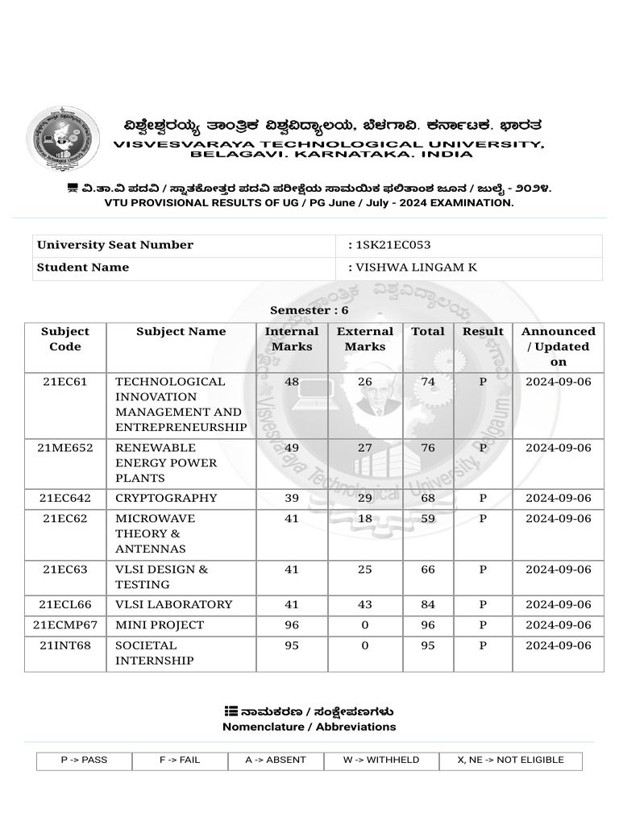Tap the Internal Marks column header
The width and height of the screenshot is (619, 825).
[x=292, y=339]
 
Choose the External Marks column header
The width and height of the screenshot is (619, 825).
[x=365, y=339]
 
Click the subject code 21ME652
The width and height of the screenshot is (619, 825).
[x=65, y=448]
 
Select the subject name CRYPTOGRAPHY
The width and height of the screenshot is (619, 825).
[x=166, y=498]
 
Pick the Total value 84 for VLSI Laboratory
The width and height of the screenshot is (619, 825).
[x=428, y=604]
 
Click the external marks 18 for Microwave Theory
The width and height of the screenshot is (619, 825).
[x=365, y=519]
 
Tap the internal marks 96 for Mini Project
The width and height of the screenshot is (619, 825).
[x=292, y=625]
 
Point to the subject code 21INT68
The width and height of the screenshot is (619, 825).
[x=65, y=645]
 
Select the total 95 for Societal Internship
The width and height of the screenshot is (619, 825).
[x=428, y=645]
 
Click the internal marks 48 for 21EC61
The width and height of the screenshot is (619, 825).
[x=292, y=382]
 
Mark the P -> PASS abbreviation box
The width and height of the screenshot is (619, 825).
[x=84, y=760]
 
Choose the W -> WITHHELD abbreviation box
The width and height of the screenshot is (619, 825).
[x=381, y=760]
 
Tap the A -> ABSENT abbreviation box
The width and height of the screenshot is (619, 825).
[x=274, y=760]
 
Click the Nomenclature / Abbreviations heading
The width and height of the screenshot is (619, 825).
[x=309, y=727]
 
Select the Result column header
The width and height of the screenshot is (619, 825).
[x=483, y=331]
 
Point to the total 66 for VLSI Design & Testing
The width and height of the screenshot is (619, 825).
[x=428, y=570]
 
